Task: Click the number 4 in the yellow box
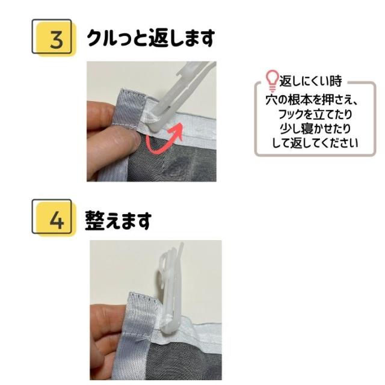56,220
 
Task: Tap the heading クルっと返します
150,38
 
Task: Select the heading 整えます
118,220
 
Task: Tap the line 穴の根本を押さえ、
311,99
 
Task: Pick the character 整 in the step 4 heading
96,220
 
